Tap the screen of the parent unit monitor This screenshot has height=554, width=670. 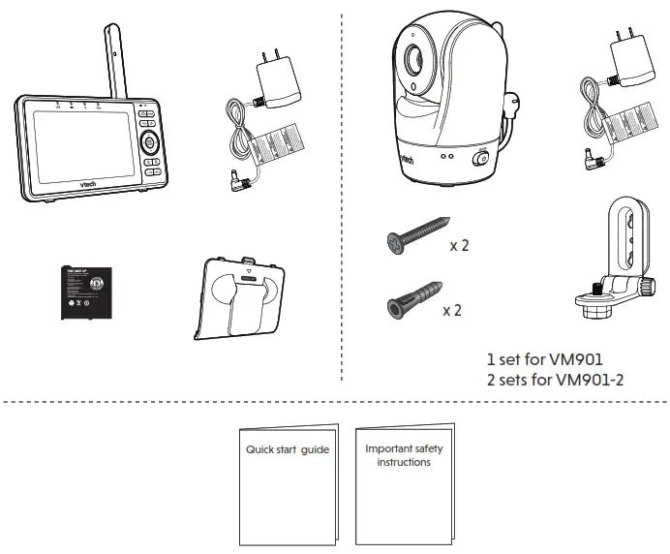tap(78, 146)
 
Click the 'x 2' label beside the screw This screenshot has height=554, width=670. tap(459, 246)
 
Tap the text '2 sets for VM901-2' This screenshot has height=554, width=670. tap(556, 379)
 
